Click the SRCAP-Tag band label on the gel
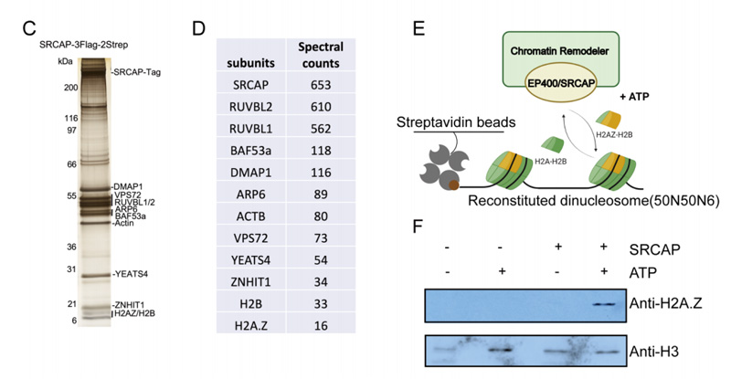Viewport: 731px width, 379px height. (136, 71)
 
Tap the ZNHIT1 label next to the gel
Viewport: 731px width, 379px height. (132, 304)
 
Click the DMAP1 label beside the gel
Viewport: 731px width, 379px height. (132, 186)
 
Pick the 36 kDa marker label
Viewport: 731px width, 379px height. (69, 247)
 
